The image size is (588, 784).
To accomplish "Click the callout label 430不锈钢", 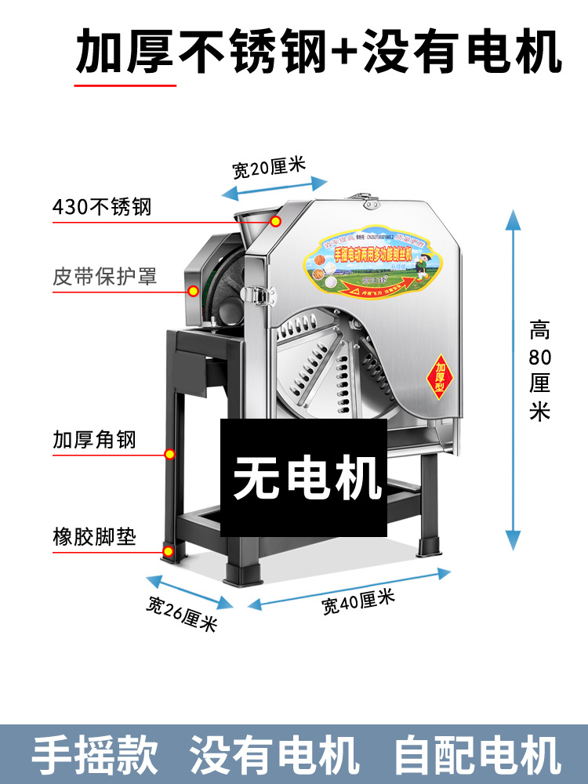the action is pyautogui.click(x=101, y=208).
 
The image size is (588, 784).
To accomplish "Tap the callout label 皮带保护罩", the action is pyautogui.click(x=105, y=277).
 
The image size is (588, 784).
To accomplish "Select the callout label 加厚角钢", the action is pyautogui.click(x=94, y=439).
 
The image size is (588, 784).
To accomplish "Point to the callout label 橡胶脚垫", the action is pyautogui.click(x=94, y=538).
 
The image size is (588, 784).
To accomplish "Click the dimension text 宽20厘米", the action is pyautogui.click(x=268, y=168).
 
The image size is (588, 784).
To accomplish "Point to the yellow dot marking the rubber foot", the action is pyautogui.click(x=169, y=552).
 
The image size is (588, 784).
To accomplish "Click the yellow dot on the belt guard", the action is pyautogui.click(x=192, y=292).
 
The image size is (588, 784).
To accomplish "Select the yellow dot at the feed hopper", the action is pyautogui.click(x=276, y=222).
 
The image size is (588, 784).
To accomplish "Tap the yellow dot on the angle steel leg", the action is pyautogui.click(x=169, y=454).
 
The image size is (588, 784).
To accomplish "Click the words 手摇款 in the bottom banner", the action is pyautogui.click(x=95, y=754).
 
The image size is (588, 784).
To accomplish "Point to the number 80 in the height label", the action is pyautogui.click(x=539, y=358).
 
